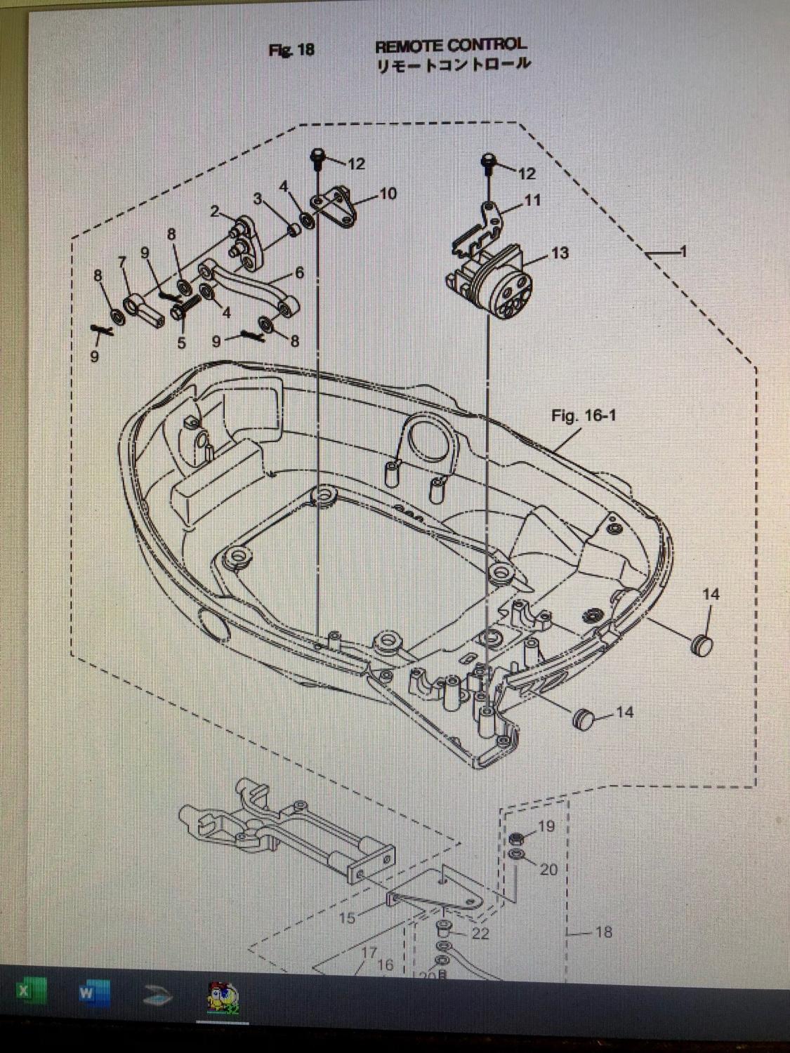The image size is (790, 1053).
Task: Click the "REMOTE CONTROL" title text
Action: [x=450, y=46]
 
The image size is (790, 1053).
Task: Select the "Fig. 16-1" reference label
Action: [x=584, y=416]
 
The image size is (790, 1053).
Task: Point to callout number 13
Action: [x=560, y=253]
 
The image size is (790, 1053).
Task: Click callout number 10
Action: [x=388, y=194]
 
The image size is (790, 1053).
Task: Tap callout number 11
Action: [x=533, y=201]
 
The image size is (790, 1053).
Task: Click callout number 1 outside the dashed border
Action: [x=683, y=252]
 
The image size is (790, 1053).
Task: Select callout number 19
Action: [x=546, y=826]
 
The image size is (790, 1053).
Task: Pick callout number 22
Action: [x=480, y=934]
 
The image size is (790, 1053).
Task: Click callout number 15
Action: [x=348, y=918]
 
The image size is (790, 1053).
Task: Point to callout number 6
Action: [x=299, y=272]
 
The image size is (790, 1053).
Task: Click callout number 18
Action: [x=603, y=932]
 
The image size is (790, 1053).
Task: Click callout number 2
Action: [x=214, y=211]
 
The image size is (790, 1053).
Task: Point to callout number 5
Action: [x=181, y=343]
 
